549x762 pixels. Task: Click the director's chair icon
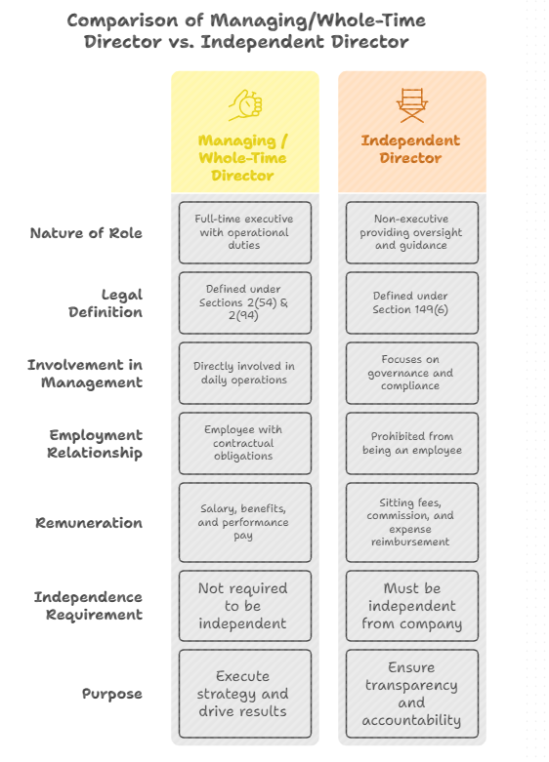pos(411,103)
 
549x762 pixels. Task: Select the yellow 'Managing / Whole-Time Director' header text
pos(243,158)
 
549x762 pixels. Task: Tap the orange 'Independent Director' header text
pos(411,149)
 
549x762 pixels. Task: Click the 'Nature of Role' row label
pos(86,233)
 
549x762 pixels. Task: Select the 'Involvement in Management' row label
pos(85,374)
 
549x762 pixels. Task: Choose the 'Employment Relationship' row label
pos(95,444)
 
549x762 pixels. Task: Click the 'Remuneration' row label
pos(89,523)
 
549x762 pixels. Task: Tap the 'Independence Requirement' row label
pos(88,606)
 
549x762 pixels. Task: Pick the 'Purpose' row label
pos(111,694)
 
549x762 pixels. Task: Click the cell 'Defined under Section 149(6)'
pos(411,303)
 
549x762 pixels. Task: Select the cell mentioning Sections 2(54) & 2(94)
pos(244,303)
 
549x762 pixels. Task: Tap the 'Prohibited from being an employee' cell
pos(411,444)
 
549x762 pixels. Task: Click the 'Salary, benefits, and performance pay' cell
pos(244,523)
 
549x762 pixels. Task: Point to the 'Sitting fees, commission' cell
pos(411,523)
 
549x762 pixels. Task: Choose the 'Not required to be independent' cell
pos(244,606)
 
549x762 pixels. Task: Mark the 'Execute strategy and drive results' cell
pos(244,694)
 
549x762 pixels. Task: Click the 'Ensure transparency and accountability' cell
pos(411,694)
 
